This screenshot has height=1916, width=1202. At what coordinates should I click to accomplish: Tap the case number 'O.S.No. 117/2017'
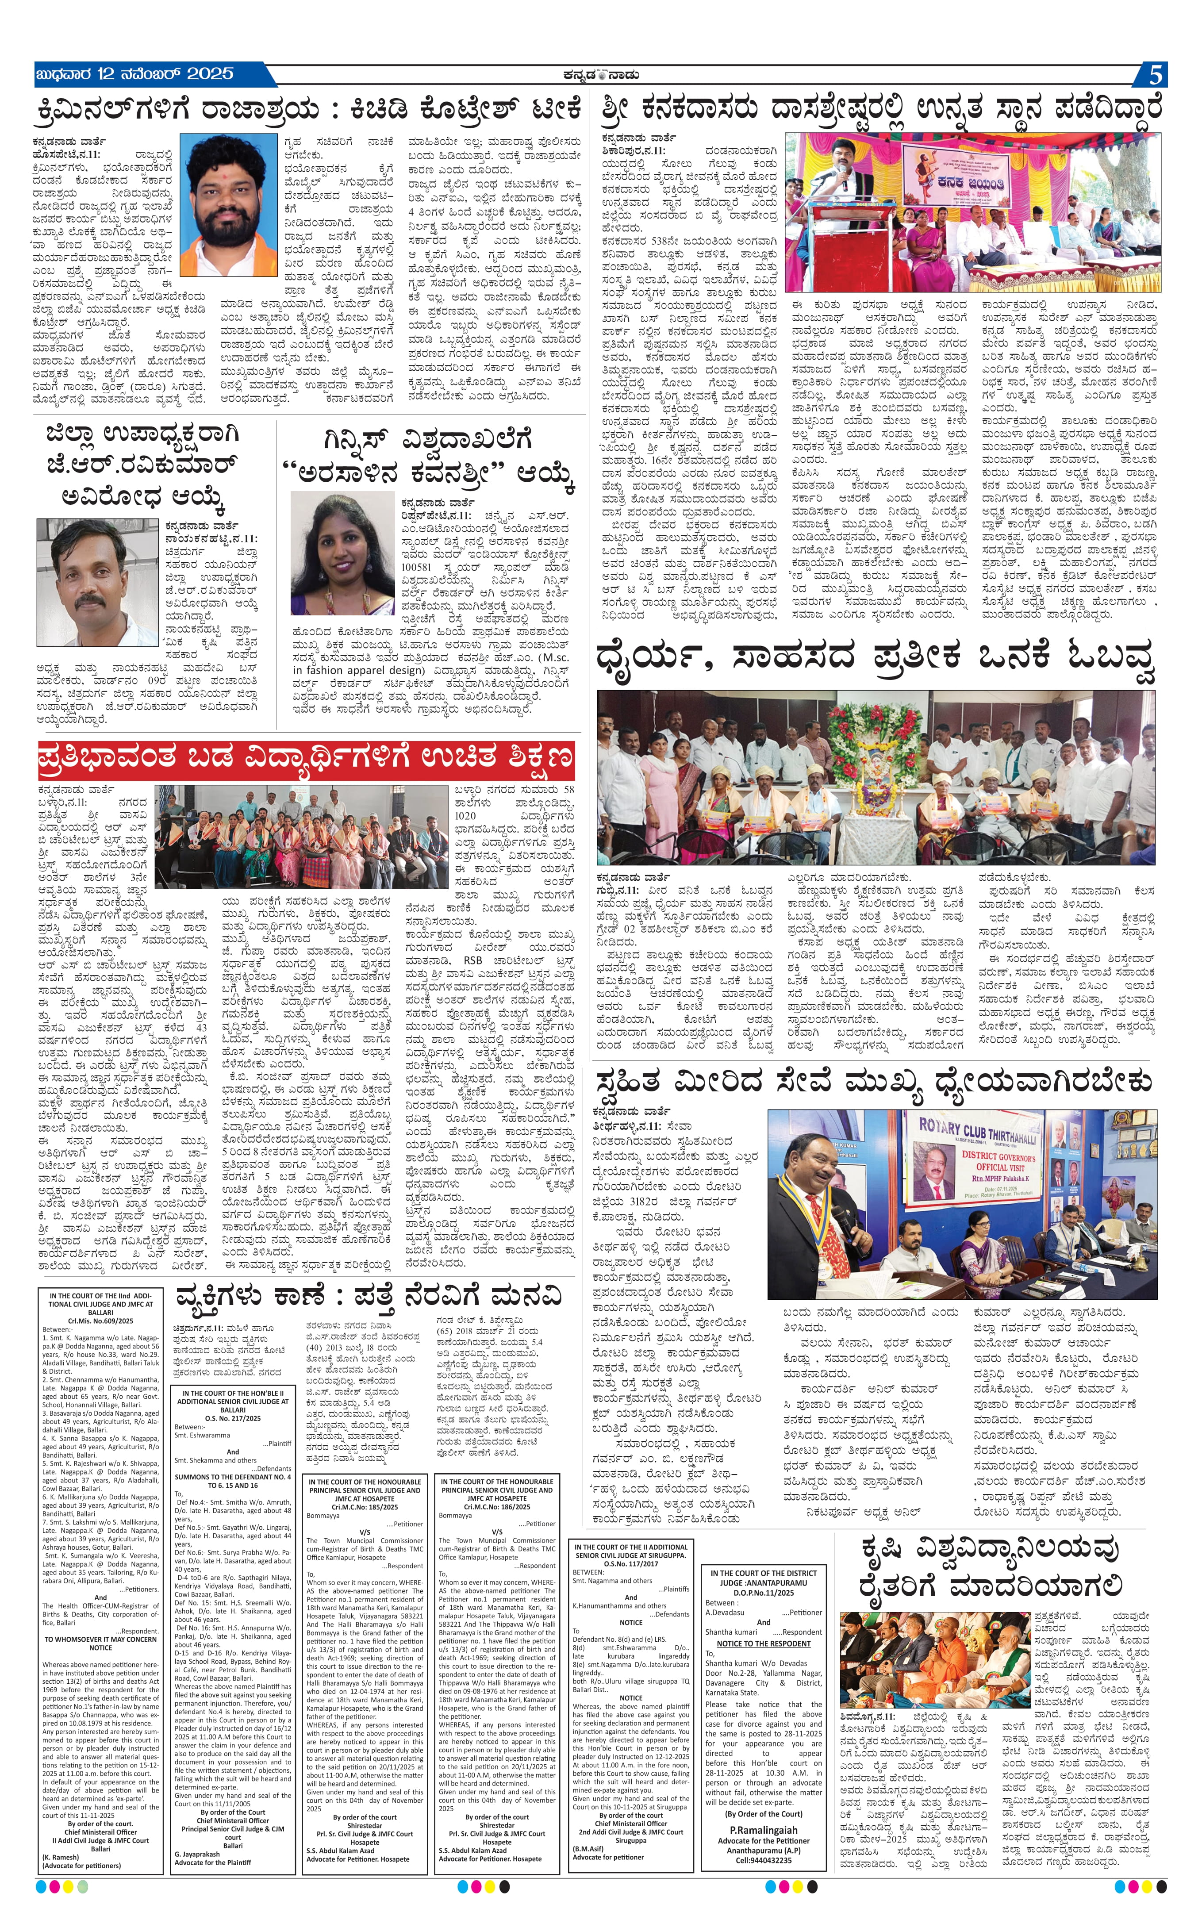click(x=630, y=1563)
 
